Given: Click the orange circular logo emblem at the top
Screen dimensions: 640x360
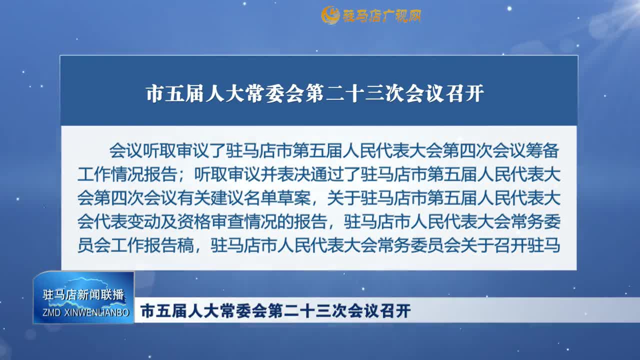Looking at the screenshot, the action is click(330, 15).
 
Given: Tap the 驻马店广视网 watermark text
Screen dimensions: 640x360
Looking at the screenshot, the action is click(382, 15).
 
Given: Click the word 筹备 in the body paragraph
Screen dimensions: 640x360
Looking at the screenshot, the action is click(542, 150).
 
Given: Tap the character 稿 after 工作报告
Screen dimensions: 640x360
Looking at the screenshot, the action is click(185, 245).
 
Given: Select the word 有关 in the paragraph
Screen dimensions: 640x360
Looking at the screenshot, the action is click(194, 198).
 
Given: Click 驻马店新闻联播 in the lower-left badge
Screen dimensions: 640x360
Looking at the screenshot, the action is click(83, 294).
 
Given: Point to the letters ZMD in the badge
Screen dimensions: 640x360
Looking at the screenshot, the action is click(51, 312).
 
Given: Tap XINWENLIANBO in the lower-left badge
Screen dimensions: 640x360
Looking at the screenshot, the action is click(97, 312).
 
